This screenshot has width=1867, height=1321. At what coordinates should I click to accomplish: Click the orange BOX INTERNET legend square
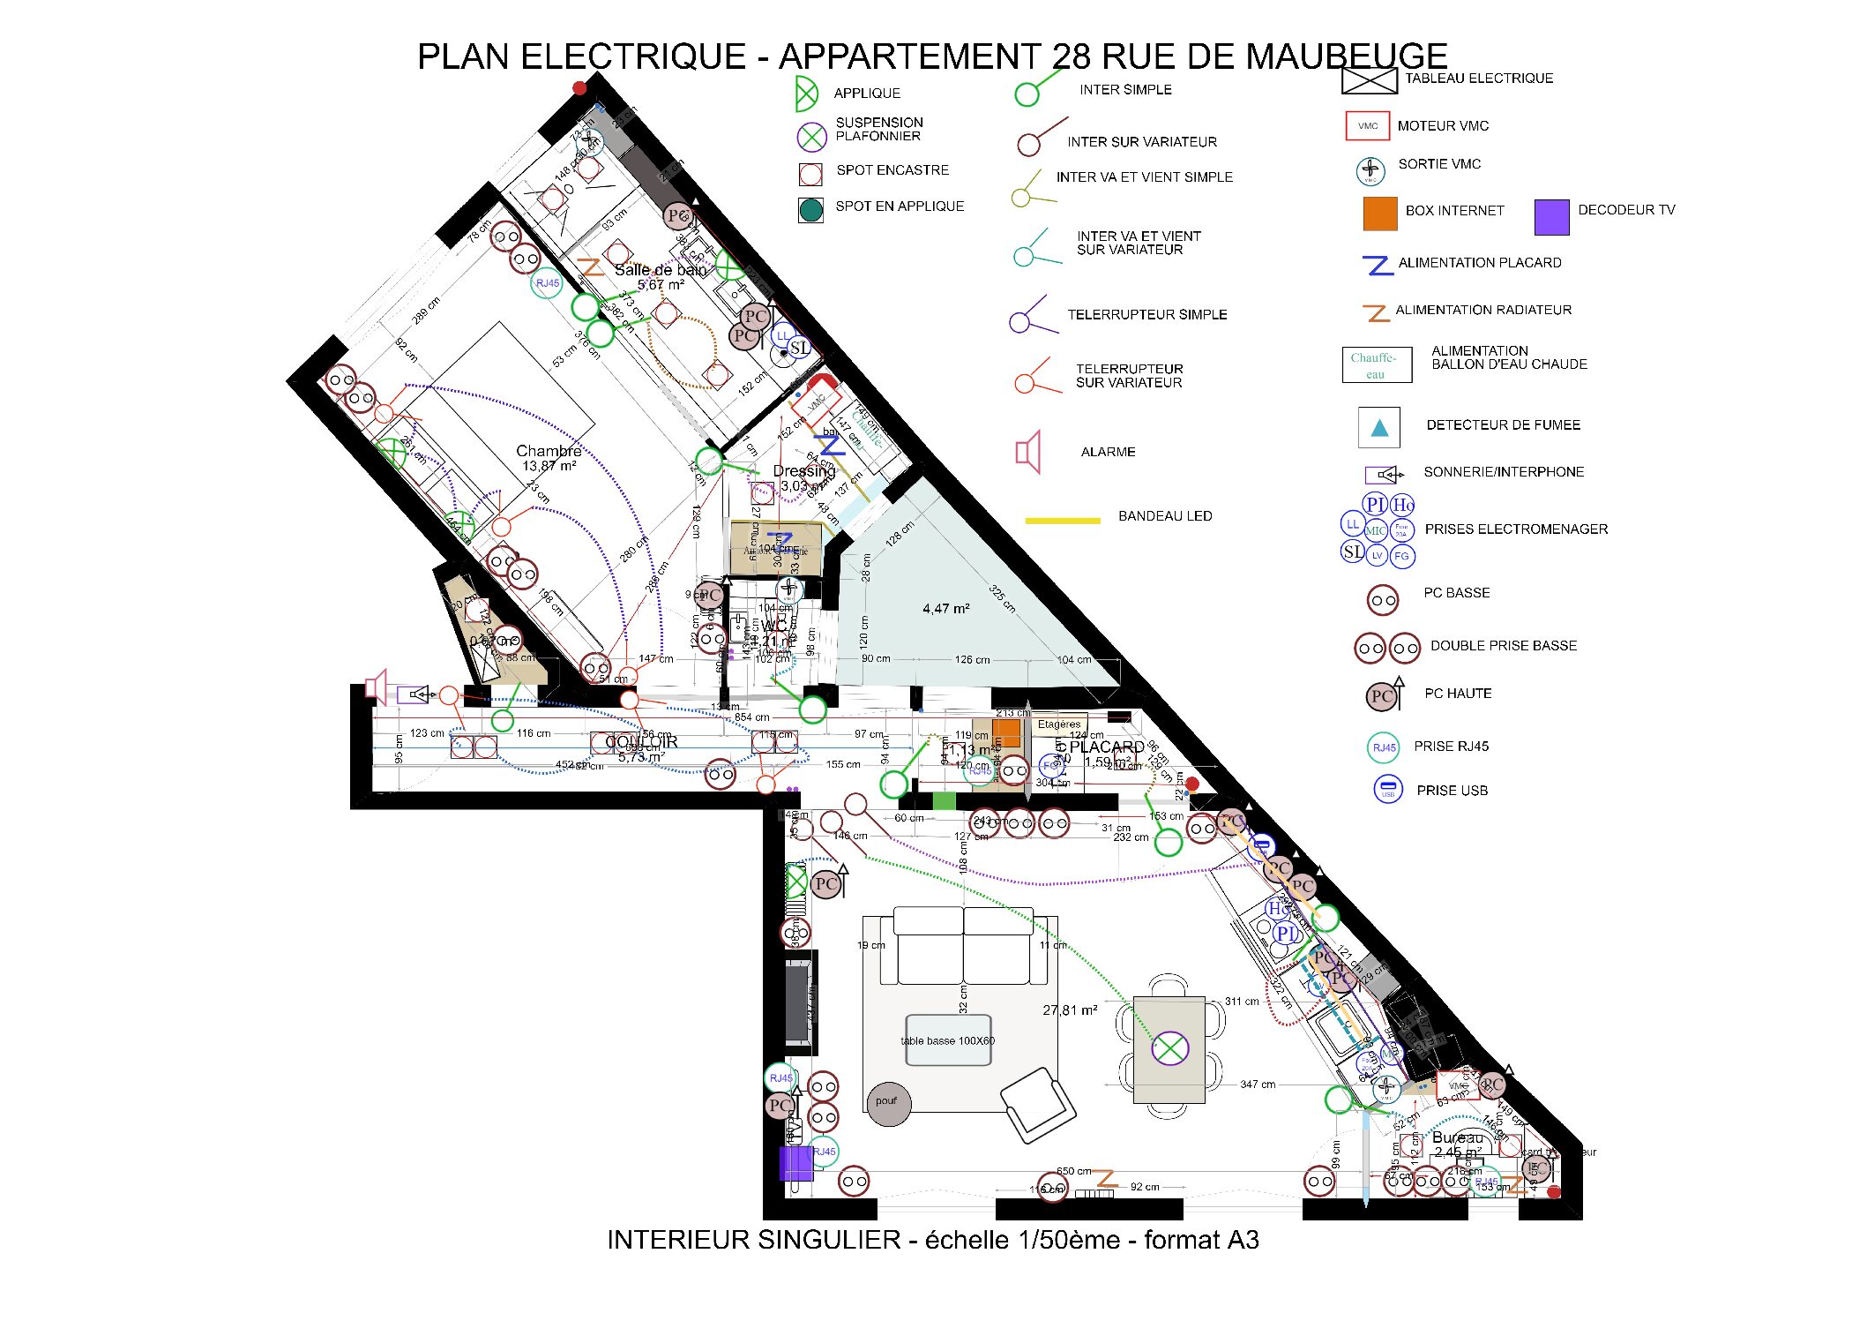(1380, 214)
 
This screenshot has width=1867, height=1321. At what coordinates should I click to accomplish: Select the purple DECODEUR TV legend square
(1551, 217)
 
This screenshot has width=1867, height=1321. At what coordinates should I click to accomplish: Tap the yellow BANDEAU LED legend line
(1063, 521)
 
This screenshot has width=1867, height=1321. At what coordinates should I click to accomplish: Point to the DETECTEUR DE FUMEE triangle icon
(1379, 428)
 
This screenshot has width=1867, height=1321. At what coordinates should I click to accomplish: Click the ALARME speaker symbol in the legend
(1028, 453)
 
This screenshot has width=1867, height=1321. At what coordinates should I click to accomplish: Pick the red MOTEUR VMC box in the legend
(1367, 126)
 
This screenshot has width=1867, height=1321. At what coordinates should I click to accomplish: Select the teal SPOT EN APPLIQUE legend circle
(810, 209)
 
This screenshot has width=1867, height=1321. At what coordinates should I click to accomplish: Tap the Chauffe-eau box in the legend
(1376, 364)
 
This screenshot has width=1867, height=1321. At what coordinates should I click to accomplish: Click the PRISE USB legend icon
(1387, 788)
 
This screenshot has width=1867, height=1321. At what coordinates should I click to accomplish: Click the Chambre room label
(549, 451)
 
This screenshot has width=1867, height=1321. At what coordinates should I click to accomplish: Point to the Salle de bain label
(660, 270)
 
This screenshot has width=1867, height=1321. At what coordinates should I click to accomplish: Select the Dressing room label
(803, 471)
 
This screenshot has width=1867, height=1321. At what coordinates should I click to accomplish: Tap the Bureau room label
(1457, 1137)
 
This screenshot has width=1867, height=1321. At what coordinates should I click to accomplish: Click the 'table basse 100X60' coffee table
(948, 1040)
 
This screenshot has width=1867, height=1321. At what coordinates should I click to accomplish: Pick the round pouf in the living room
(888, 1102)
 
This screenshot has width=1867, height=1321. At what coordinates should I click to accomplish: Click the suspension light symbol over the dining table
(1169, 1049)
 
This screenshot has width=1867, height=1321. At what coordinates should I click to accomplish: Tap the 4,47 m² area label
(946, 609)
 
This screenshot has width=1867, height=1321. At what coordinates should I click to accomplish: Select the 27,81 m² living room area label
(1070, 1010)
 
